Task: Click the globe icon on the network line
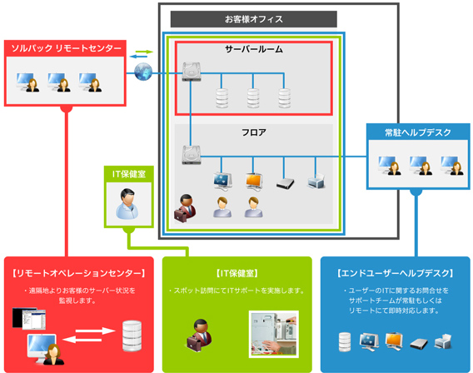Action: click(143, 72)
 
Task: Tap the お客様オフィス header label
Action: click(254, 19)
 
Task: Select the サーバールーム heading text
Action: click(254, 49)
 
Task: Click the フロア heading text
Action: click(254, 132)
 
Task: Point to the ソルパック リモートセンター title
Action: click(66, 48)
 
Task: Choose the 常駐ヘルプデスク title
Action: click(418, 132)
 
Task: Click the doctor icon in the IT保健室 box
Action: click(128, 204)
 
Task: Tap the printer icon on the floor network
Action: click(316, 182)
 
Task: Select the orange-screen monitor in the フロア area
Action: click(254, 182)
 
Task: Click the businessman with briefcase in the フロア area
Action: click(185, 208)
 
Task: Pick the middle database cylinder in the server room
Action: click(253, 98)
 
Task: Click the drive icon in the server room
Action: click(192, 72)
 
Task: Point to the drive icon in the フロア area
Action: click(192, 155)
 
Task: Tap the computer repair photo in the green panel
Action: click(274, 334)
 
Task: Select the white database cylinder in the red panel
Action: click(132, 336)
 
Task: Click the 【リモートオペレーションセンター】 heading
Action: click(79, 273)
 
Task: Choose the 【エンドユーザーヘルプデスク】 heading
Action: click(396, 273)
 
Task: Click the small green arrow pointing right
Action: click(144, 52)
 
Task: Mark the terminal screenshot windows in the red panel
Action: click(29, 318)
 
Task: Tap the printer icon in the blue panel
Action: click(443, 341)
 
